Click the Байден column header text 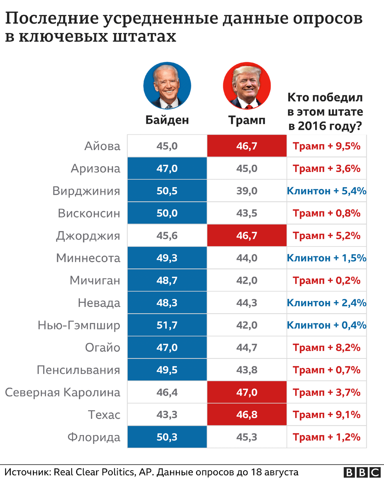(x=167, y=120)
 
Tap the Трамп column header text (x=247, y=120)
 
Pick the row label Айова (x=102, y=146)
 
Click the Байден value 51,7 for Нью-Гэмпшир (x=167, y=325)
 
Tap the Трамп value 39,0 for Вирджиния (x=247, y=191)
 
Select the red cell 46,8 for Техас (x=247, y=414)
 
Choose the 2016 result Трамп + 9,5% (x=326, y=146)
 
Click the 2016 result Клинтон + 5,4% (x=326, y=191)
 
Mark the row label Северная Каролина (x=62, y=392)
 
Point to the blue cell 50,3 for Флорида (x=167, y=437)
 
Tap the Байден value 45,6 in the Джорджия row (x=167, y=236)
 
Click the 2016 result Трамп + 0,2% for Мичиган (x=326, y=280)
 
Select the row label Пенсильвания (x=78, y=370)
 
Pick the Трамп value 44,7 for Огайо (x=247, y=347)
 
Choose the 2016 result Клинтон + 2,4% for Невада (x=326, y=303)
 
